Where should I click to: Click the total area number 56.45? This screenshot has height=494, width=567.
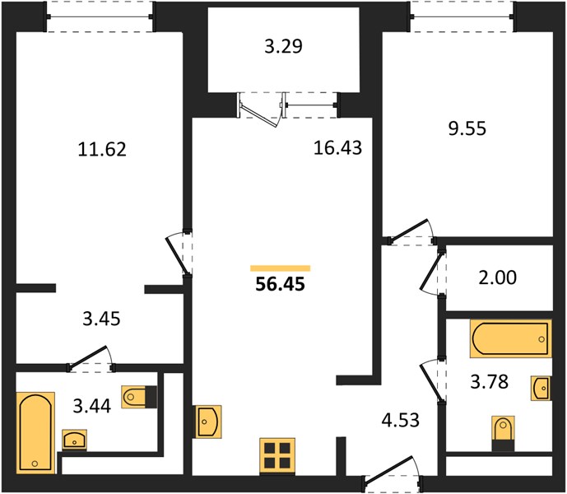tap(281, 284)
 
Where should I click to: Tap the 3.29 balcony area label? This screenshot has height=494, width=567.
tap(283, 47)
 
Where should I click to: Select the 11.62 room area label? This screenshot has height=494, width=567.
tap(102, 149)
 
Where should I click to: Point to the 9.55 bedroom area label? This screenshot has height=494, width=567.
tap(467, 128)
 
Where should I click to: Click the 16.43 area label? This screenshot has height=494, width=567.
tap(337, 147)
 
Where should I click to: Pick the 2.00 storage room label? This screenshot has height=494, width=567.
tap(498, 277)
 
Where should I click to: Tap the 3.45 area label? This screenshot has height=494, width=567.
tap(101, 319)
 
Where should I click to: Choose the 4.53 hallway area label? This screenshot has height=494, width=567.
tap(401, 420)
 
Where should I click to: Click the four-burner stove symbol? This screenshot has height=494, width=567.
tap(277, 455)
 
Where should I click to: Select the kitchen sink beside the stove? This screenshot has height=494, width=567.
tap(209, 422)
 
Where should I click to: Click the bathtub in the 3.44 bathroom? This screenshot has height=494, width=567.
tap(35, 433)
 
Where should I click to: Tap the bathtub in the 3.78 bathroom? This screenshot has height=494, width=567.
tap(511, 338)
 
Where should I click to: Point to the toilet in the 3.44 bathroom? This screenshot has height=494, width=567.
tap(140, 397)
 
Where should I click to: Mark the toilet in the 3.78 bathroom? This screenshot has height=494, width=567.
tap(504, 434)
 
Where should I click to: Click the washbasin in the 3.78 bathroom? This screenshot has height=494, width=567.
tap(541, 388)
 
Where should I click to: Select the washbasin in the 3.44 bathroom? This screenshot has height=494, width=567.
tap(75, 440)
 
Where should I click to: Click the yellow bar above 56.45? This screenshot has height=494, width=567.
tap(281, 268)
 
